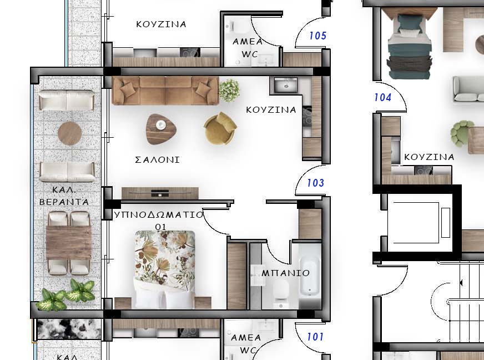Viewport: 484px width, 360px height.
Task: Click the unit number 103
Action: [x=315, y=183]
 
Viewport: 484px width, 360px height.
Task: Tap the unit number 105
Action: [x=317, y=36]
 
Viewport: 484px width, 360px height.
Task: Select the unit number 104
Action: [x=383, y=98]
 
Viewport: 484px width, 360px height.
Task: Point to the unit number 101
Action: [x=315, y=337]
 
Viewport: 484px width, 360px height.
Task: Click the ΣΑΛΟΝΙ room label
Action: [x=158, y=160]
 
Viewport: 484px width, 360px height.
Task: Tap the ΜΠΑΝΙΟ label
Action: [x=285, y=273]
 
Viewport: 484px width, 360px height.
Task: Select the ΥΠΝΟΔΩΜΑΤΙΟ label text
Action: [x=159, y=214]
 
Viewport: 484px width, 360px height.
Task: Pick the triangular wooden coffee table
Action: [x=161, y=129]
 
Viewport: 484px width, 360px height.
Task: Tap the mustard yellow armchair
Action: [x=220, y=128]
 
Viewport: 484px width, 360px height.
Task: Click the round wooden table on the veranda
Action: [x=70, y=133]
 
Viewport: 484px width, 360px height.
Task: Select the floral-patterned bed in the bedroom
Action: [x=165, y=269]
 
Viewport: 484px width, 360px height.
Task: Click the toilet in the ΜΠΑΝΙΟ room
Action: [x=281, y=292]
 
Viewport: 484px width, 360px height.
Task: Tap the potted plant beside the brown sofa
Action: [x=229, y=90]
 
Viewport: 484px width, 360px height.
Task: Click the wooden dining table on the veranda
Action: [x=68, y=243]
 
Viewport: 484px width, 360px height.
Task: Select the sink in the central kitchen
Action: [x=286, y=85]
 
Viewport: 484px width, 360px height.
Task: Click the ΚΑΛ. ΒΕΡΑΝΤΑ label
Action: [x=64, y=196]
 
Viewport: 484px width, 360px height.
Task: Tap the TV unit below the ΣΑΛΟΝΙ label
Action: [x=160, y=193]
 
